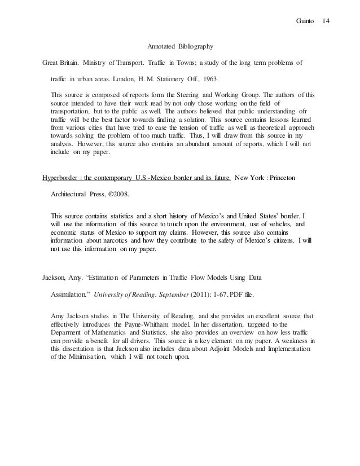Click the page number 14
click(326, 21)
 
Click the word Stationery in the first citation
click(166, 80)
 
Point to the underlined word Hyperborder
click(62, 179)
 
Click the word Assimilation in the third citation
click(69, 294)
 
